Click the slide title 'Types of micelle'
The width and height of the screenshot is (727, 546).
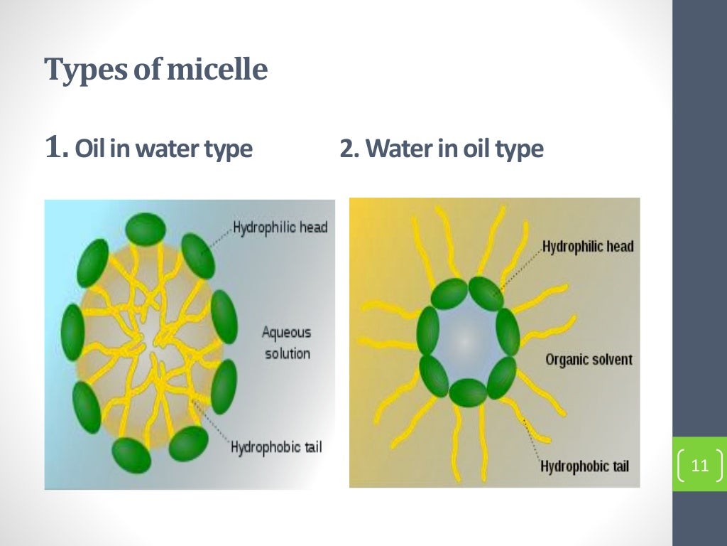155,70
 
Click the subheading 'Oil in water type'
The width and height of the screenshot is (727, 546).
163,149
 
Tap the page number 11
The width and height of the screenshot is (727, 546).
699,466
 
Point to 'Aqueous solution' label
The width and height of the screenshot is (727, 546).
287,342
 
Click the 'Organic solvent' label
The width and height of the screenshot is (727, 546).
589,359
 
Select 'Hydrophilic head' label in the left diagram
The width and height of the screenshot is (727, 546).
280,228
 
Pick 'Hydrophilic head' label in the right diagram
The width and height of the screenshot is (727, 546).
588,247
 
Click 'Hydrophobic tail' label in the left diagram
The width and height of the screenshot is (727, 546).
276,447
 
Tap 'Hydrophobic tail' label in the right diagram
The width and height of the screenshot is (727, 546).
584,466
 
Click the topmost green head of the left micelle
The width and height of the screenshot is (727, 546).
146,227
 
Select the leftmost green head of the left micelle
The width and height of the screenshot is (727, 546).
72,331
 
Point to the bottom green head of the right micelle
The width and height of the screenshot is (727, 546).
468,392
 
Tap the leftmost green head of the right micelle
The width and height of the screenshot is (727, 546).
428,331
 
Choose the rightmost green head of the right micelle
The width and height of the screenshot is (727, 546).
508,331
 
